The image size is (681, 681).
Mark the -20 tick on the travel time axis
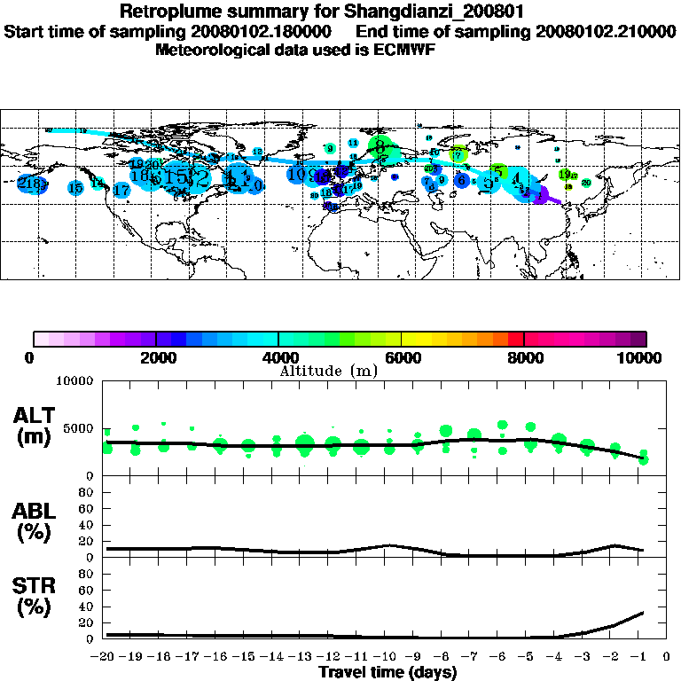click(105, 657)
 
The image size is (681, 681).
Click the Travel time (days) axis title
click(387, 673)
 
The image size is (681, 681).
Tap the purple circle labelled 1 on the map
click(540, 194)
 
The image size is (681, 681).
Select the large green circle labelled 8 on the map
click(380, 146)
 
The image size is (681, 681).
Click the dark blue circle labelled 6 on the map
click(461, 180)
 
